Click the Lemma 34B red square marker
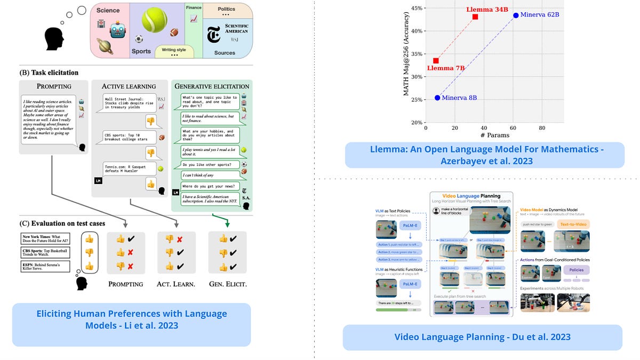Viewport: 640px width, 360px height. (x=475, y=17)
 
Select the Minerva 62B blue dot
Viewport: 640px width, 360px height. (x=516, y=15)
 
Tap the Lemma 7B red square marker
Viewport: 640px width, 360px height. (x=436, y=61)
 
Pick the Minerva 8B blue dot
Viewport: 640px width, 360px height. (x=437, y=98)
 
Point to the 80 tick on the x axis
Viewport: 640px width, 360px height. (x=542, y=128)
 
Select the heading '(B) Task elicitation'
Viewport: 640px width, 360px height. (x=49, y=73)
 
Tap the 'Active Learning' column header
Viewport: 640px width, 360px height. (x=129, y=86)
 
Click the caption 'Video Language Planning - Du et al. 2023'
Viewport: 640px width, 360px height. (x=482, y=337)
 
